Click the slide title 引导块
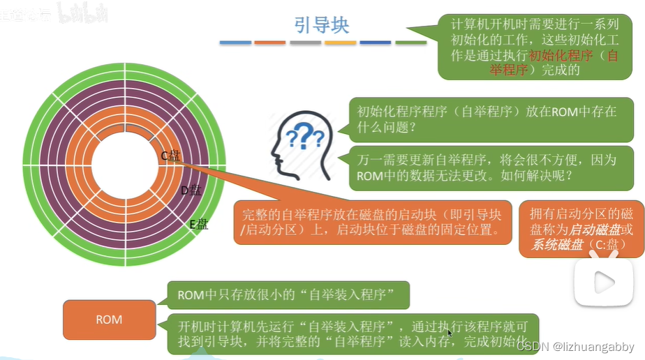click(x=322, y=25)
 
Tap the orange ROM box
click(x=109, y=320)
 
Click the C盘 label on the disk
click(x=171, y=156)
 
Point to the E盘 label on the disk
click(x=199, y=224)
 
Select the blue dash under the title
click(x=235, y=43)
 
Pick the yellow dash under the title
click(x=341, y=43)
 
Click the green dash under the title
click(x=411, y=43)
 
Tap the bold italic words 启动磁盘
click(x=593, y=230)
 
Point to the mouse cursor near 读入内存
click(x=450, y=334)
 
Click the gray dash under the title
click(x=305, y=43)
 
